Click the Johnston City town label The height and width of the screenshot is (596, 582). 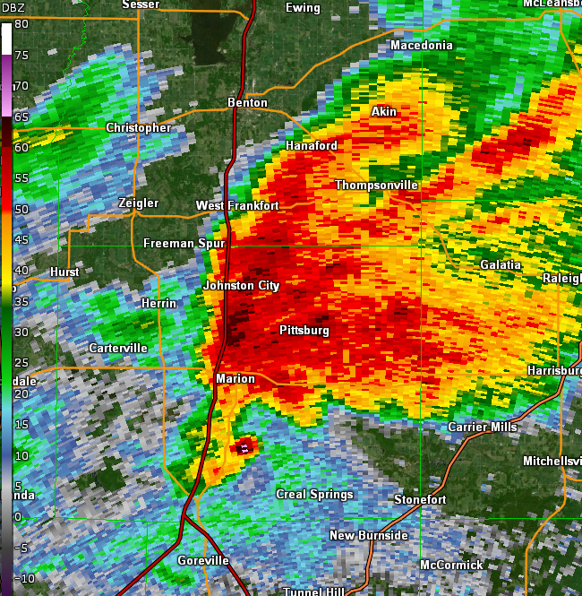click(x=241, y=286)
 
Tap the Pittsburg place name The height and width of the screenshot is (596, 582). click(x=304, y=331)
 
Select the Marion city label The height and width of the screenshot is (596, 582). click(x=235, y=379)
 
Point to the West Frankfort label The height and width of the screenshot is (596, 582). click(x=237, y=206)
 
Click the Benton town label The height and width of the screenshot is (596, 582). click(x=247, y=103)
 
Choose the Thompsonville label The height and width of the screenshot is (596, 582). click(x=377, y=186)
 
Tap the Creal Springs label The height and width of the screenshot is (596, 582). click(x=314, y=495)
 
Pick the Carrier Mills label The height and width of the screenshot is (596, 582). click(x=483, y=428)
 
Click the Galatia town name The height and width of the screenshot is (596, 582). click(x=501, y=265)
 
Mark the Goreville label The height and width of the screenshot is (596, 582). click(x=203, y=561)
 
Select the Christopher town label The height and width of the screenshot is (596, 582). click(x=139, y=128)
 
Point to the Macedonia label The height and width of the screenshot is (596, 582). click(x=422, y=46)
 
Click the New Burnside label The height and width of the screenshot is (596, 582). click(x=369, y=536)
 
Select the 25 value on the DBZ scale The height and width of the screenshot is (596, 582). click(x=21, y=362)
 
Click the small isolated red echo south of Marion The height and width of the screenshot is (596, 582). click(x=244, y=445)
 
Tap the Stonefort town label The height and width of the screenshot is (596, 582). click(x=420, y=499)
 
